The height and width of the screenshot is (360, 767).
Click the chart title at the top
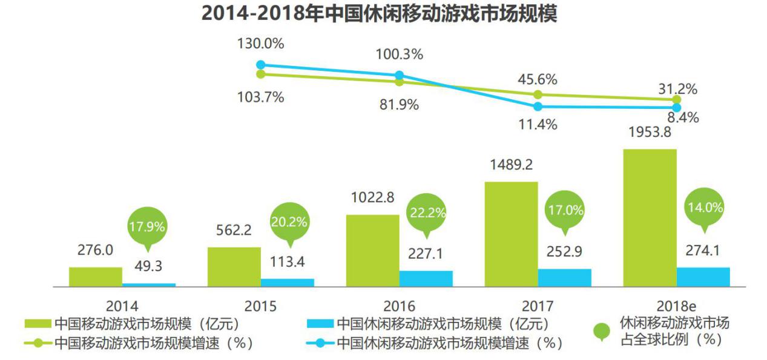(379, 13)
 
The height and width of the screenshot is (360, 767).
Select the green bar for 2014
(95, 276)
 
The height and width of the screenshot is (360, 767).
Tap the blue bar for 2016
(426, 278)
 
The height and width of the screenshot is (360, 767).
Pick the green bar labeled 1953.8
(650, 217)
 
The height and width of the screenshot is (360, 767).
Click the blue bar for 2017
(564, 277)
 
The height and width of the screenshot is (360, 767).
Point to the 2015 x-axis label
(260, 306)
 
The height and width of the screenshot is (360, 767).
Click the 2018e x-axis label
(676, 306)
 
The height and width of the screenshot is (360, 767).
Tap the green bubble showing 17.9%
(146, 227)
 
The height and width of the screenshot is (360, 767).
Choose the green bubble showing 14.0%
(705, 207)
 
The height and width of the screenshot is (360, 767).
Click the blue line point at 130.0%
(261, 65)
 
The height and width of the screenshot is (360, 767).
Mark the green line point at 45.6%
(538, 95)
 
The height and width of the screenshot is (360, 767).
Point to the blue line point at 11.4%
(538, 106)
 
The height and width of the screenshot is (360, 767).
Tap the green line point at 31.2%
(677, 99)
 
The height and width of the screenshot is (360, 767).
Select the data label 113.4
(289, 261)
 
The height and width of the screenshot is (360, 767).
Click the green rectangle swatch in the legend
(38, 324)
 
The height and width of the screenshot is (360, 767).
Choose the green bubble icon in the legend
(601, 330)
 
